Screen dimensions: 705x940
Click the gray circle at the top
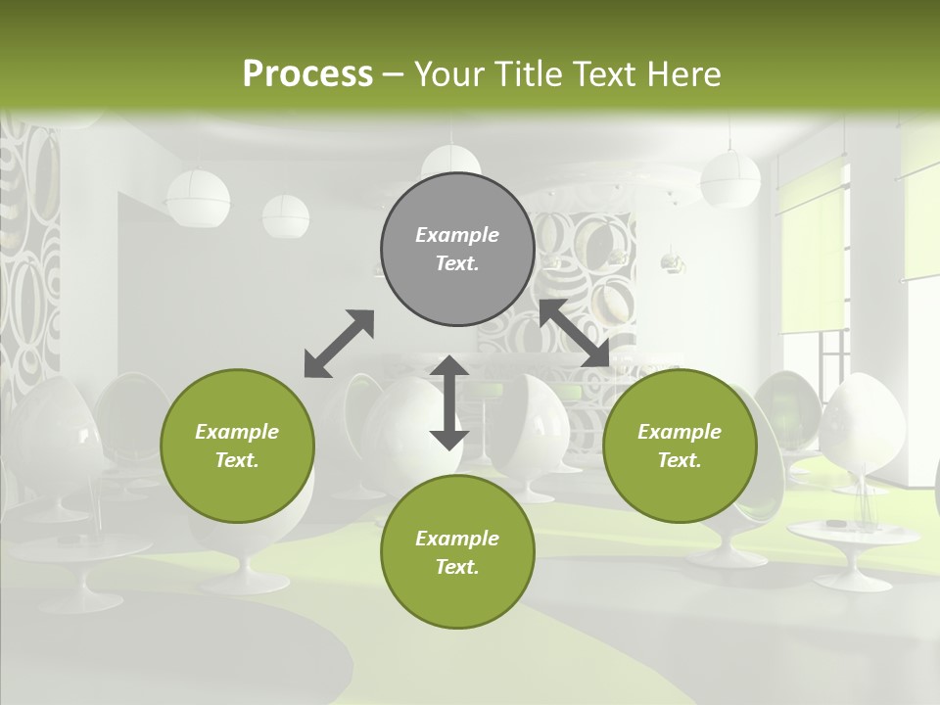click(x=457, y=250)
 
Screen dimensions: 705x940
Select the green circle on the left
click(x=237, y=446)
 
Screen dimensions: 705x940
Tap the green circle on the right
click(x=680, y=446)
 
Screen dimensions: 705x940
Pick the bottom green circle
click(x=457, y=552)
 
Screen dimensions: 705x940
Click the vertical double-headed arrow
click(x=449, y=402)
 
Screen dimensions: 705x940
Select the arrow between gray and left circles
click(x=339, y=343)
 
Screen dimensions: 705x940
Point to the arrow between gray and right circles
click(x=575, y=333)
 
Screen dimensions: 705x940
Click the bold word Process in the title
click(x=307, y=73)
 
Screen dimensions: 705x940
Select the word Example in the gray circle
click(x=457, y=235)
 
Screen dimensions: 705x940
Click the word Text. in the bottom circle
click(x=457, y=567)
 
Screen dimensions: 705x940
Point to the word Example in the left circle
click(x=237, y=432)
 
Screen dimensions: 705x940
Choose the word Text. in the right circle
click(x=680, y=460)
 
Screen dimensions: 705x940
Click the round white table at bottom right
click(x=854, y=533)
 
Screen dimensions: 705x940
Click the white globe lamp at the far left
click(x=198, y=198)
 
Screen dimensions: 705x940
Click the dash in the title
click(x=394, y=73)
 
